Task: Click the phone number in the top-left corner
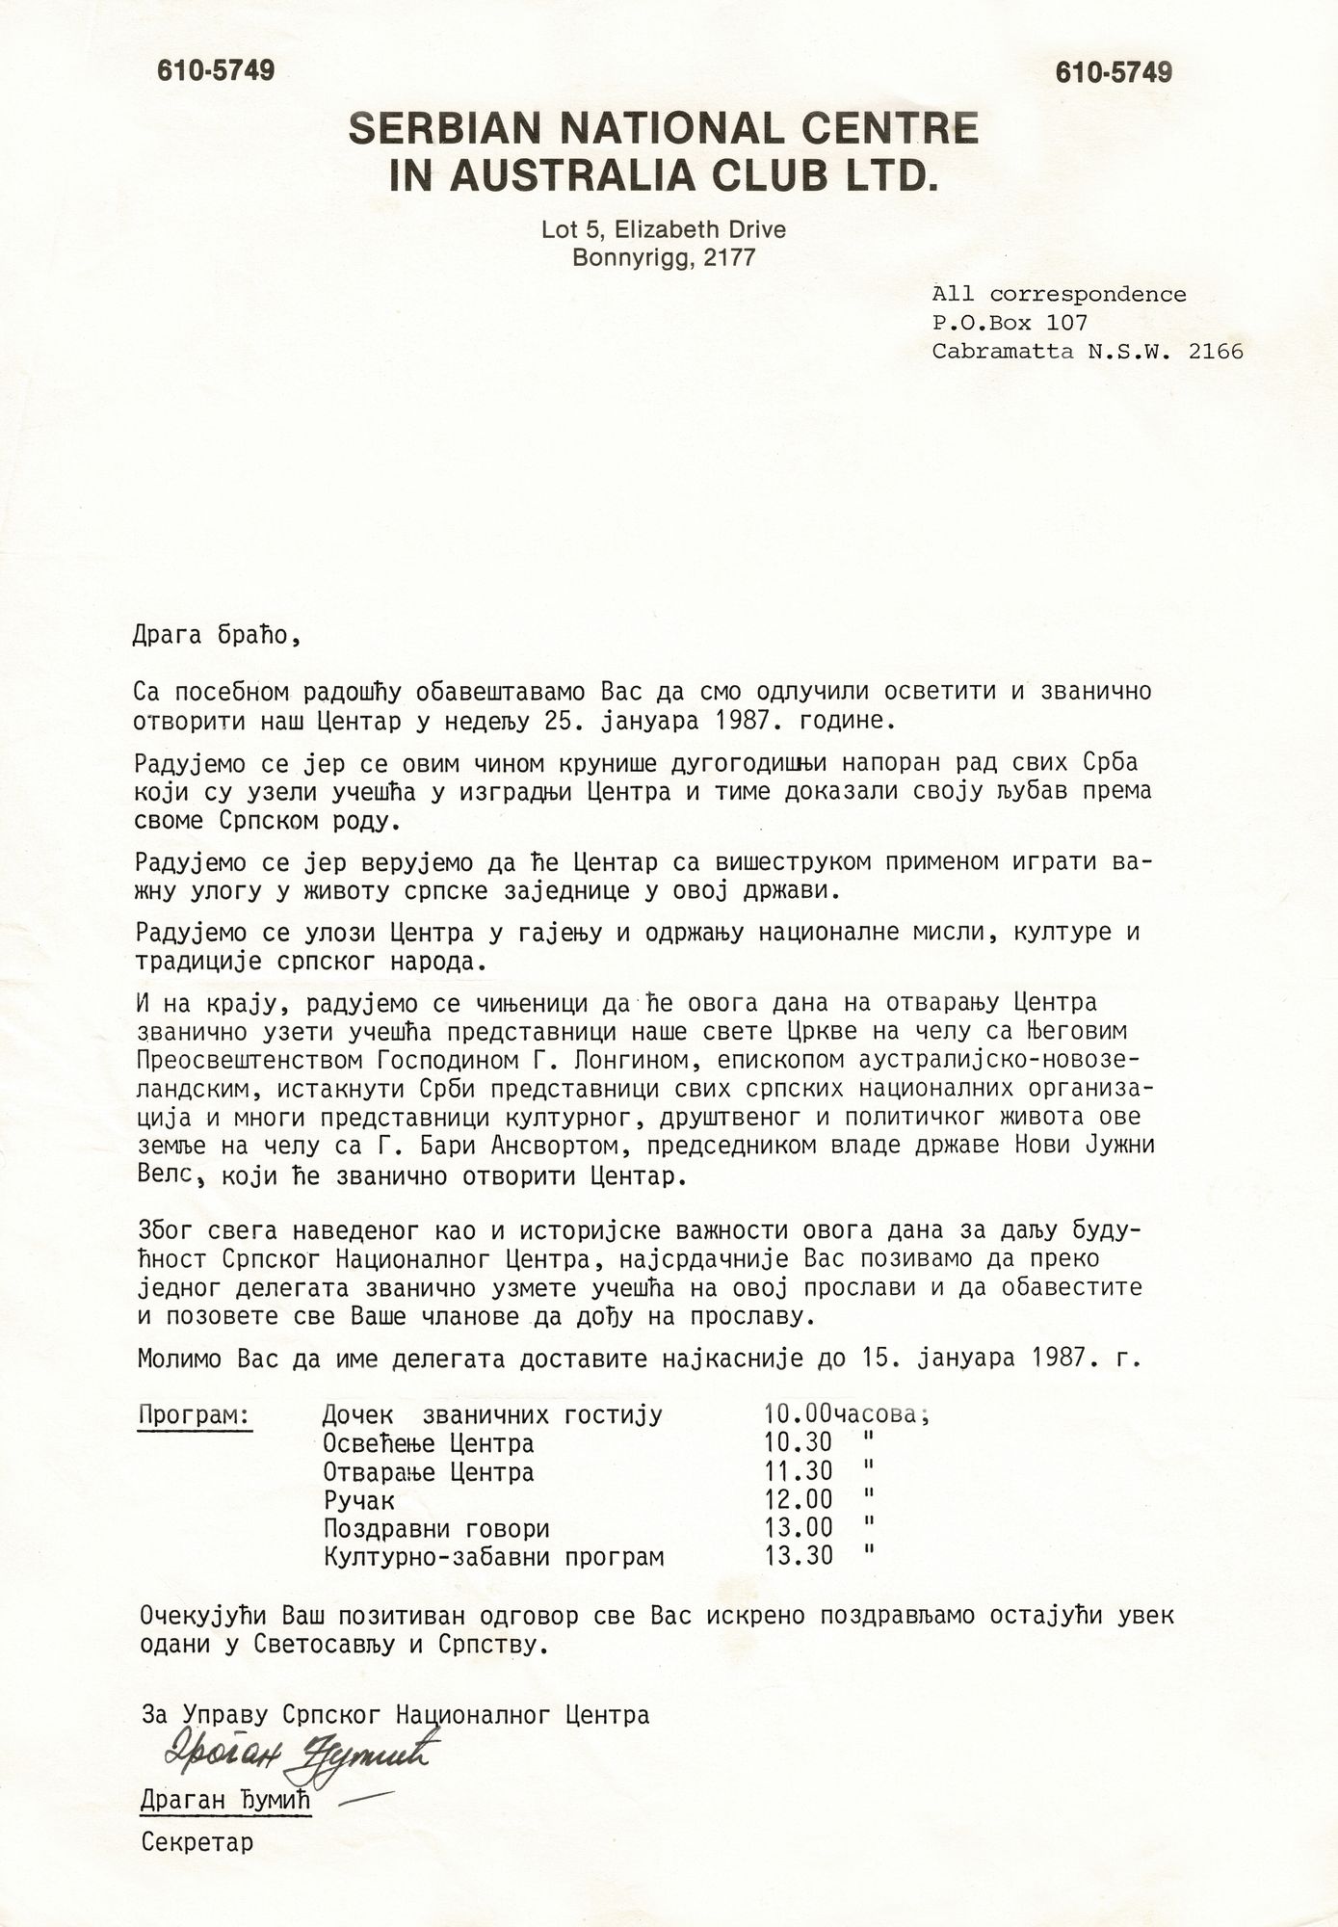(216, 70)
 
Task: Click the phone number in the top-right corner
(1113, 72)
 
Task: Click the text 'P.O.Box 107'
(1010, 323)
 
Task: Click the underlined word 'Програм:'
(195, 1414)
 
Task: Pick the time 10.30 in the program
(799, 1443)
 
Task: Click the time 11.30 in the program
(799, 1472)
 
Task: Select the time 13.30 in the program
(799, 1556)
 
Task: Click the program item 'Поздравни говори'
(436, 1529)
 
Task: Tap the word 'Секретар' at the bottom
(197, 1843)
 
